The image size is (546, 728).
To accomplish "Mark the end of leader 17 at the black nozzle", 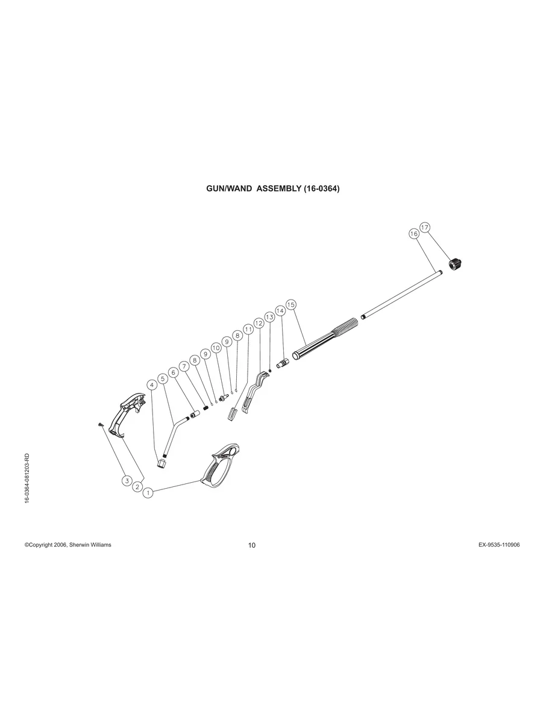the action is (451, 259).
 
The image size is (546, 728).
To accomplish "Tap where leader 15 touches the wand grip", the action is (306, 345).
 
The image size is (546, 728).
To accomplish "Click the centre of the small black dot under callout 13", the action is (271, 371).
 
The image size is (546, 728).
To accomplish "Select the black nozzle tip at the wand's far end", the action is (456, 264).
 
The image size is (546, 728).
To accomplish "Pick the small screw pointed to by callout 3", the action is (100, 424).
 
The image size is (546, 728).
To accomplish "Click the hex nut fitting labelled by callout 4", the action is (162, 462).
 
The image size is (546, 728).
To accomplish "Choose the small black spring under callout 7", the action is (206, 407).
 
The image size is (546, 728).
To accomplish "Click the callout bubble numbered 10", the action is (216, 348).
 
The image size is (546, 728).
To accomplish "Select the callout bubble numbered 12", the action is (259, 323).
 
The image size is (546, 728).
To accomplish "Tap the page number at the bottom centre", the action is (252, 545).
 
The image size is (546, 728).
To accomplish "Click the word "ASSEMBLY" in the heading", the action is (279, 189).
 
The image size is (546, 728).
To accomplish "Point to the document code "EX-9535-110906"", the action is (499, 545).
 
